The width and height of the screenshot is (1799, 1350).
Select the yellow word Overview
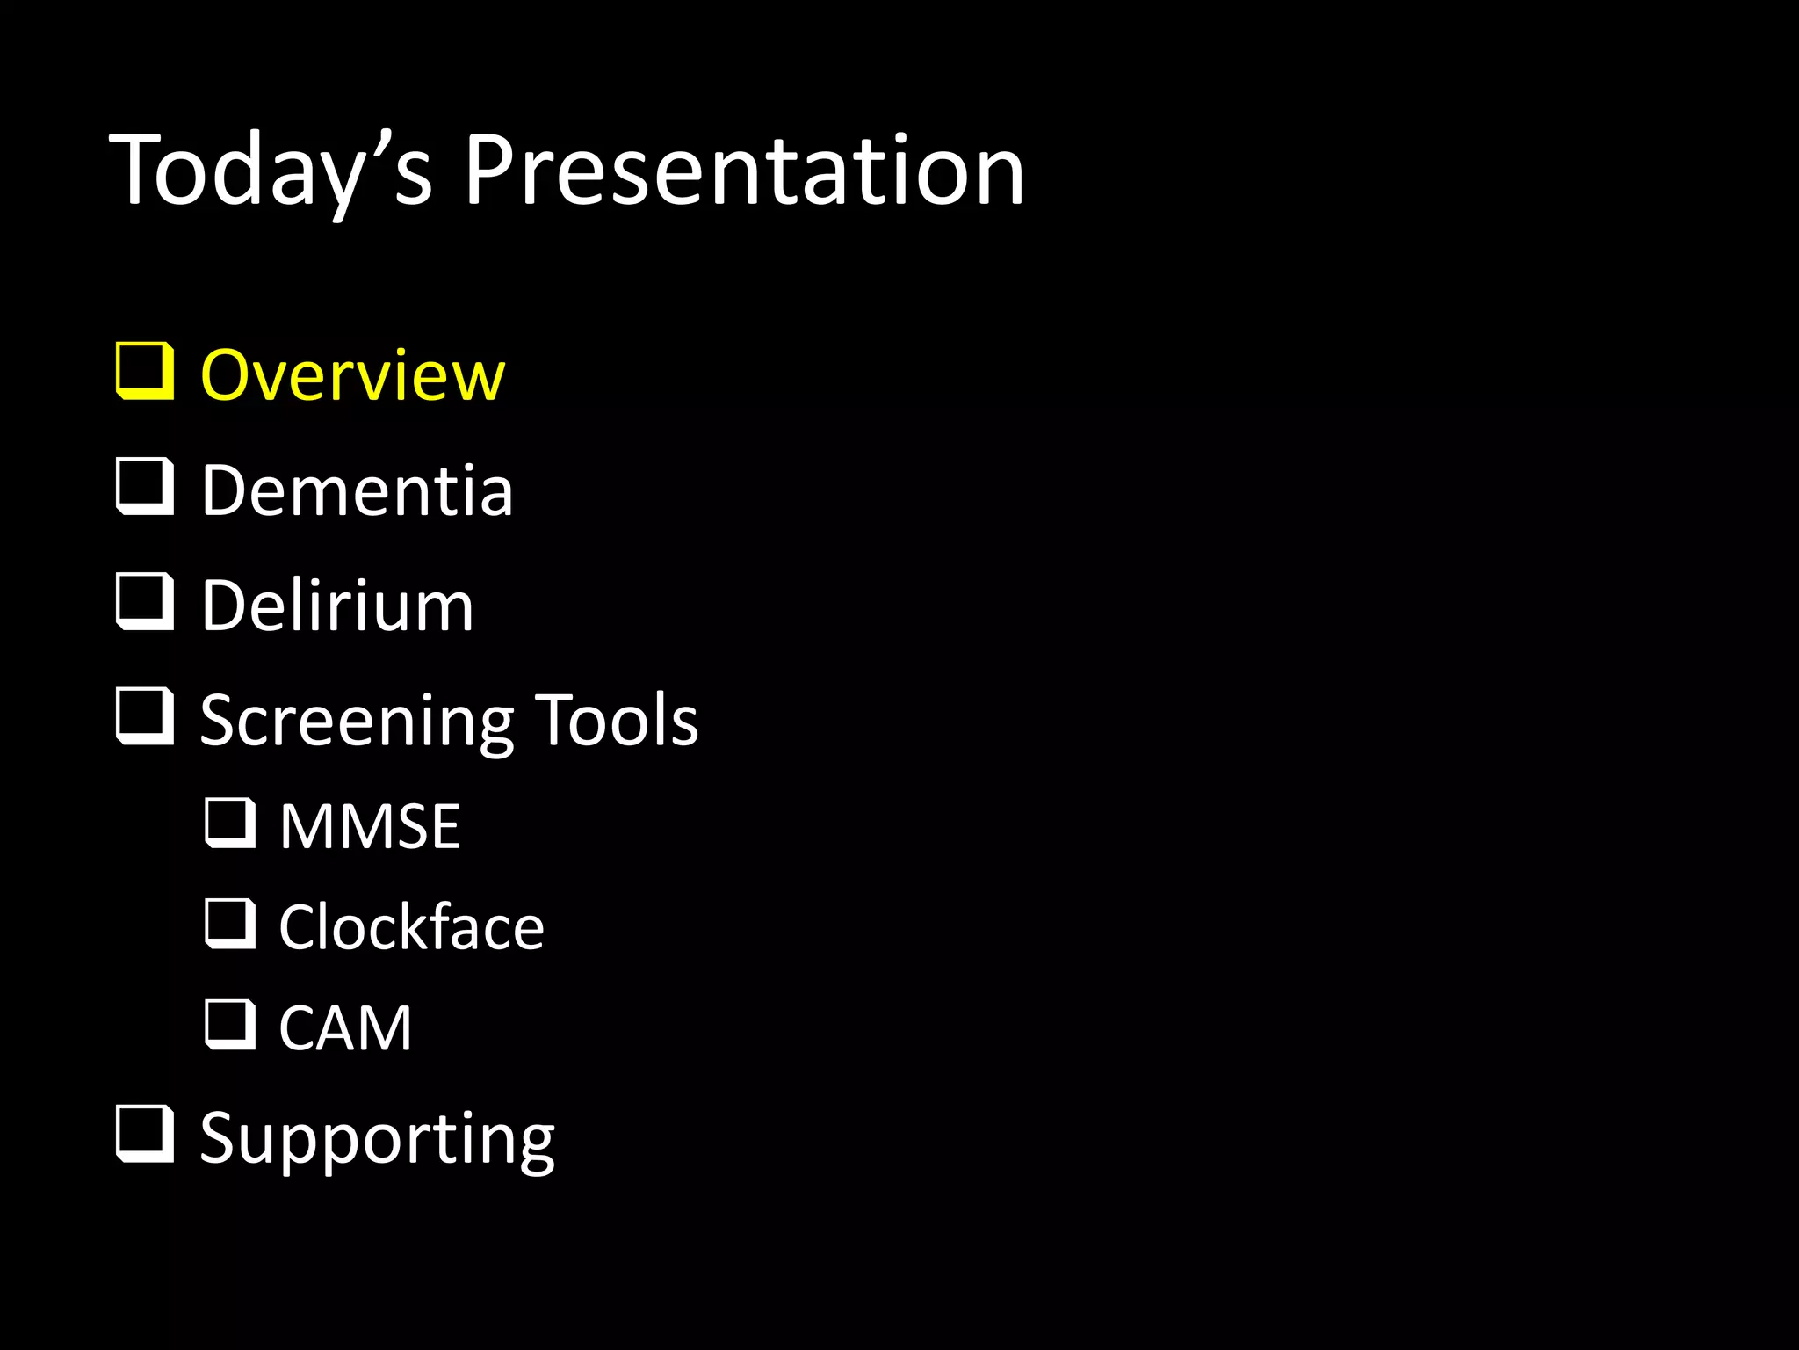(x=352, y=375)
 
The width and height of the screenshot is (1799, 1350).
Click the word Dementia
(x=357, y=490)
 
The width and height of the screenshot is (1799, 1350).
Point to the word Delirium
(x=337, y=606)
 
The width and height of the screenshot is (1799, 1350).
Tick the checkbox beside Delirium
(x=145, y=601)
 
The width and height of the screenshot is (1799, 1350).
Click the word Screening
(x=356, y=721)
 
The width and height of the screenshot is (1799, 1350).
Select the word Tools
(x=617, y=720)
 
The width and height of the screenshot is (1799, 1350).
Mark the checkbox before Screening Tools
(x=145, y=716)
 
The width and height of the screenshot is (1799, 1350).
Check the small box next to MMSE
(x=230, y=823)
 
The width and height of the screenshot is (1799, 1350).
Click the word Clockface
(x=411, y=927)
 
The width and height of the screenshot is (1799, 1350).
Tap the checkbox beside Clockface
(x=230, y=924)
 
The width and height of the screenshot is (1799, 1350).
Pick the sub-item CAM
(x=345, y=1027)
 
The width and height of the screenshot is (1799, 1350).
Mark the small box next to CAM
(x=230, y=1025)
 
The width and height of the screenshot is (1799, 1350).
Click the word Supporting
(x=377, y=1138)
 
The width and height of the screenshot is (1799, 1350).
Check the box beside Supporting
(x=145, y=1134)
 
